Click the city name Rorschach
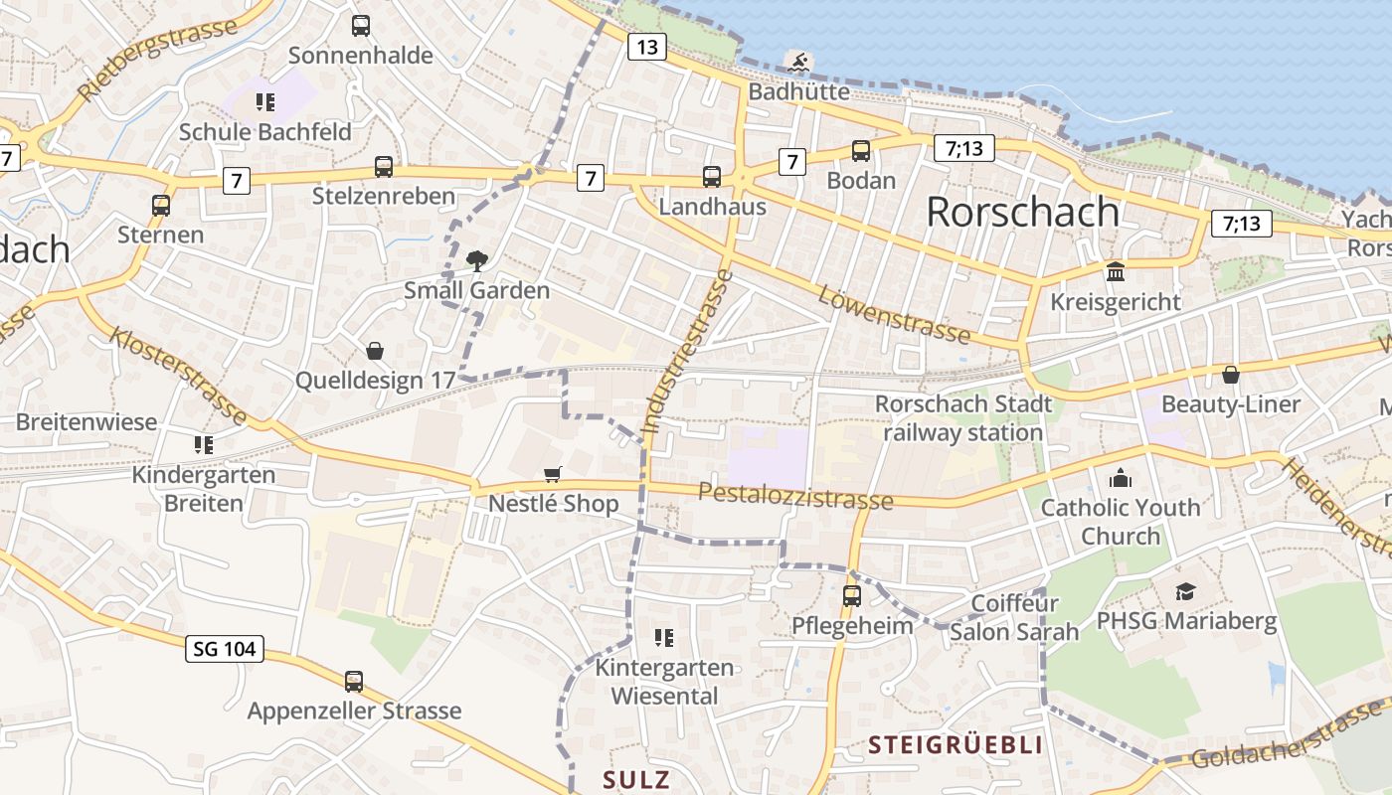tap(1022, 212)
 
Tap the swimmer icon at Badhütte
tap(798, 63)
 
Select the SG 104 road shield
tap(225, 650)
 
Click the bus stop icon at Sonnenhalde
tap(361, 26)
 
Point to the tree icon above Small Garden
tap(477, 261)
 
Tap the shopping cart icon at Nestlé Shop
tap(553, 475)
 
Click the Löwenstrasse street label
tap(894, 312)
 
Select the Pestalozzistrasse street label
tap(795, 495)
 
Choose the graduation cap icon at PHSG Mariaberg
tap(1185, 592)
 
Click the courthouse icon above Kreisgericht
tap(1116, 271)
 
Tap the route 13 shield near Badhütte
tap(646, 47)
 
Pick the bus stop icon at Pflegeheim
tap(852, 596)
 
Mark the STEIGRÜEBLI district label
tap(956, 745)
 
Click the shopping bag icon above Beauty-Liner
tap(1231, 375)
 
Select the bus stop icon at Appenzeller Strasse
tap(354, 682)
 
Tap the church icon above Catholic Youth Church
tap(1121, 479)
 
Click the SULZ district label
tap(636, 779)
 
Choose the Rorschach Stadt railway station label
tap(962, 418)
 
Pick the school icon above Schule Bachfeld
tap(264, 101)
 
